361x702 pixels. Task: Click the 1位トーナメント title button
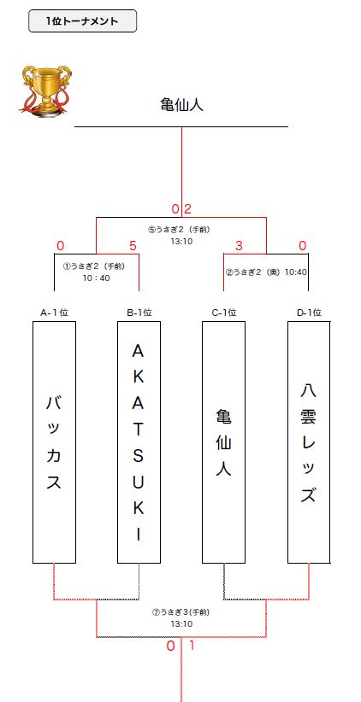coord(82,21)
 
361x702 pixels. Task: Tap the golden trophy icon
coord(45,91)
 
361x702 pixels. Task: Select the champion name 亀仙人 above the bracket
coord(181,105)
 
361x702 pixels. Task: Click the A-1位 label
coord(54,313)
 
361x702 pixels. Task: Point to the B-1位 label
coord(139,313)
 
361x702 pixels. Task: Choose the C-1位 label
coord(224,313)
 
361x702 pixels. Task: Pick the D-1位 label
coord(309,313)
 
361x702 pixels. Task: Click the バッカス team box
coord(54,442)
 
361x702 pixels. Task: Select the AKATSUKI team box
coord(139,442)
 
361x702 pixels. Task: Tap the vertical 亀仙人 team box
coord(224,442)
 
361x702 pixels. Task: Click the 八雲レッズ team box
coord(309,442)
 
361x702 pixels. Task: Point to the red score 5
coord(133,246)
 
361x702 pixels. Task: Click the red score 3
coord(239,246)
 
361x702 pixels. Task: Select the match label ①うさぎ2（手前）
coord(94,266)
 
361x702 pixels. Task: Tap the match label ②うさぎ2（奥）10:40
coord(266,272)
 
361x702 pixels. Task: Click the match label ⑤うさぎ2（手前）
coord(180,230)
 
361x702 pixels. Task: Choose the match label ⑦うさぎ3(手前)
coord(181,612)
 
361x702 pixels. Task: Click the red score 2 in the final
coord(188,209)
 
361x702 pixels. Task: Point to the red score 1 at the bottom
coord(192,646)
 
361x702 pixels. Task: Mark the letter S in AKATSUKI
coord(139,456)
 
